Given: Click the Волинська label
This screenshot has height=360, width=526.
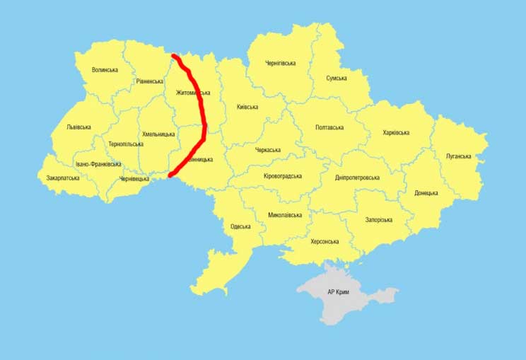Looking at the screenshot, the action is click(x=105, y=70).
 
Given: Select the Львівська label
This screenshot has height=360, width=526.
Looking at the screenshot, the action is click(x=78, y=127).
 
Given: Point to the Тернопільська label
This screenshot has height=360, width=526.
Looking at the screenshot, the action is click(x=126, y=144).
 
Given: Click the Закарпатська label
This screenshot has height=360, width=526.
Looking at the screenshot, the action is click(x=63, y=178).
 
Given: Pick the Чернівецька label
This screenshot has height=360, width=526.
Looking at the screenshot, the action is click(x=134, y=179).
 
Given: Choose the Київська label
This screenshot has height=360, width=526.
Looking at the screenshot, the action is click(x=247, y=108).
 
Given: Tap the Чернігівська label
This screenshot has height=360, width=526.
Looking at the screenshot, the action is click(x=280, y=64).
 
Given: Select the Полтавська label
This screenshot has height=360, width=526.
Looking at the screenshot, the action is click(x=329, y=128).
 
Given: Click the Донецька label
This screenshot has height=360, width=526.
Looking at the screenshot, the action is click(x=426, y=193).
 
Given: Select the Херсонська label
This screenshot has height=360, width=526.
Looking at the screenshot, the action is click(x=325, y=242).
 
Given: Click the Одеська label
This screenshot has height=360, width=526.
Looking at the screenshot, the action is click(x=241, y=227).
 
